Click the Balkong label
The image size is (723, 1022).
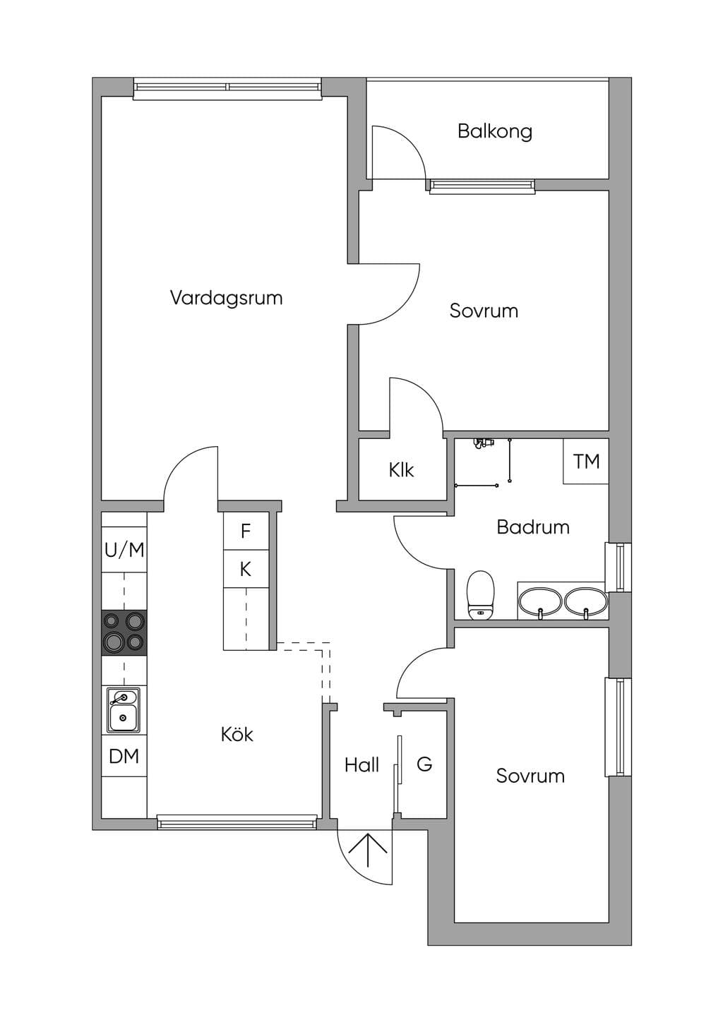pyautogui.click(x=495, y=131)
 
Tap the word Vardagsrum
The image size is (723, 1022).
pyautogui.click(x=227, y=298)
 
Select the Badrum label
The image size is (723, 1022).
pyautogui.click(x=533, y=527)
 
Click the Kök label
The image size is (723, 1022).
pyautogui.click(x=237, y=734)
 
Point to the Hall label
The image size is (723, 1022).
pyautogui.click(x=362, y=764)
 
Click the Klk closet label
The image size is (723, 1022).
pyautogui.click(x=401, y=470)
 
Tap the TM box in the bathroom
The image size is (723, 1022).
pyautogui.click(x=586, y=462)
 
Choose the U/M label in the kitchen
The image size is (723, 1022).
pyautogui.click(x=124, y=551)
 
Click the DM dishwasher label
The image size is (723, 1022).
pyautogui.click(x=124, y=757)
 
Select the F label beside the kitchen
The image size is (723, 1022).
pyautogui.click(x=246, y=531)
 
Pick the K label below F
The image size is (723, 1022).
pyautogui.click(x=246, y=570)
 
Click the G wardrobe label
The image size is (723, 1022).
pyautogui.click(x=424, y=764)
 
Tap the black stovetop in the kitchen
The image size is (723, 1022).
pyautogui.click(x=124, y=633)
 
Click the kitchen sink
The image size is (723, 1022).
pyautogui.click(x=124, y=710)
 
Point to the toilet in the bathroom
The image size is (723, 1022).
pyautogui.click(x=481, y=596)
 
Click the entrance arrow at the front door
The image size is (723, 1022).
pyautogui.click(x=368, y=850)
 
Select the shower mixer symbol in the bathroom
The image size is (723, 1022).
pyautogui.click(x=484, y=443)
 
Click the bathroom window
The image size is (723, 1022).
pyautogui.click(x=619, y=567)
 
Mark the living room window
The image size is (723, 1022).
pyautogui.click(x=227, y=88)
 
